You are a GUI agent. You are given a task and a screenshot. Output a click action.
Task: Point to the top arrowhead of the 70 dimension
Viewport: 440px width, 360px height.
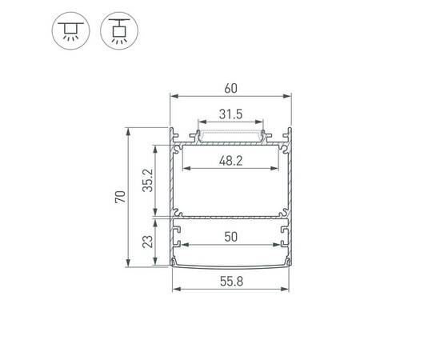pos(128,129)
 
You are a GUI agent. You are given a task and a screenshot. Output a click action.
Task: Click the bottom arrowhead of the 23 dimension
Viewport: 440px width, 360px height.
pos(155,265)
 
